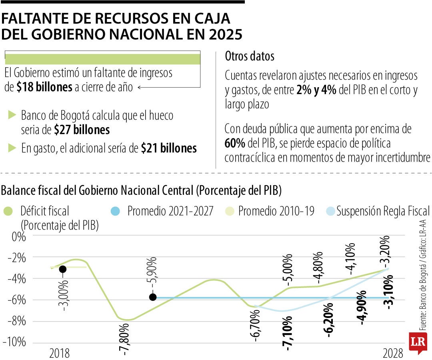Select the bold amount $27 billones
pos(82,130)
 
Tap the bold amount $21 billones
pos(169,148)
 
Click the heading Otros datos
pos(250,56)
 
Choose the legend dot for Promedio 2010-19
pos(226,211)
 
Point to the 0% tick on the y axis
pos(18,236)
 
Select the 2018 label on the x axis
pos(59,353)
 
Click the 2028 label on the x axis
pos(393,353)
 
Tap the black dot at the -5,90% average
pos(152,297)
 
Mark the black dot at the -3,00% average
pos(62,269)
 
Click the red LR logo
pos(418,343)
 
